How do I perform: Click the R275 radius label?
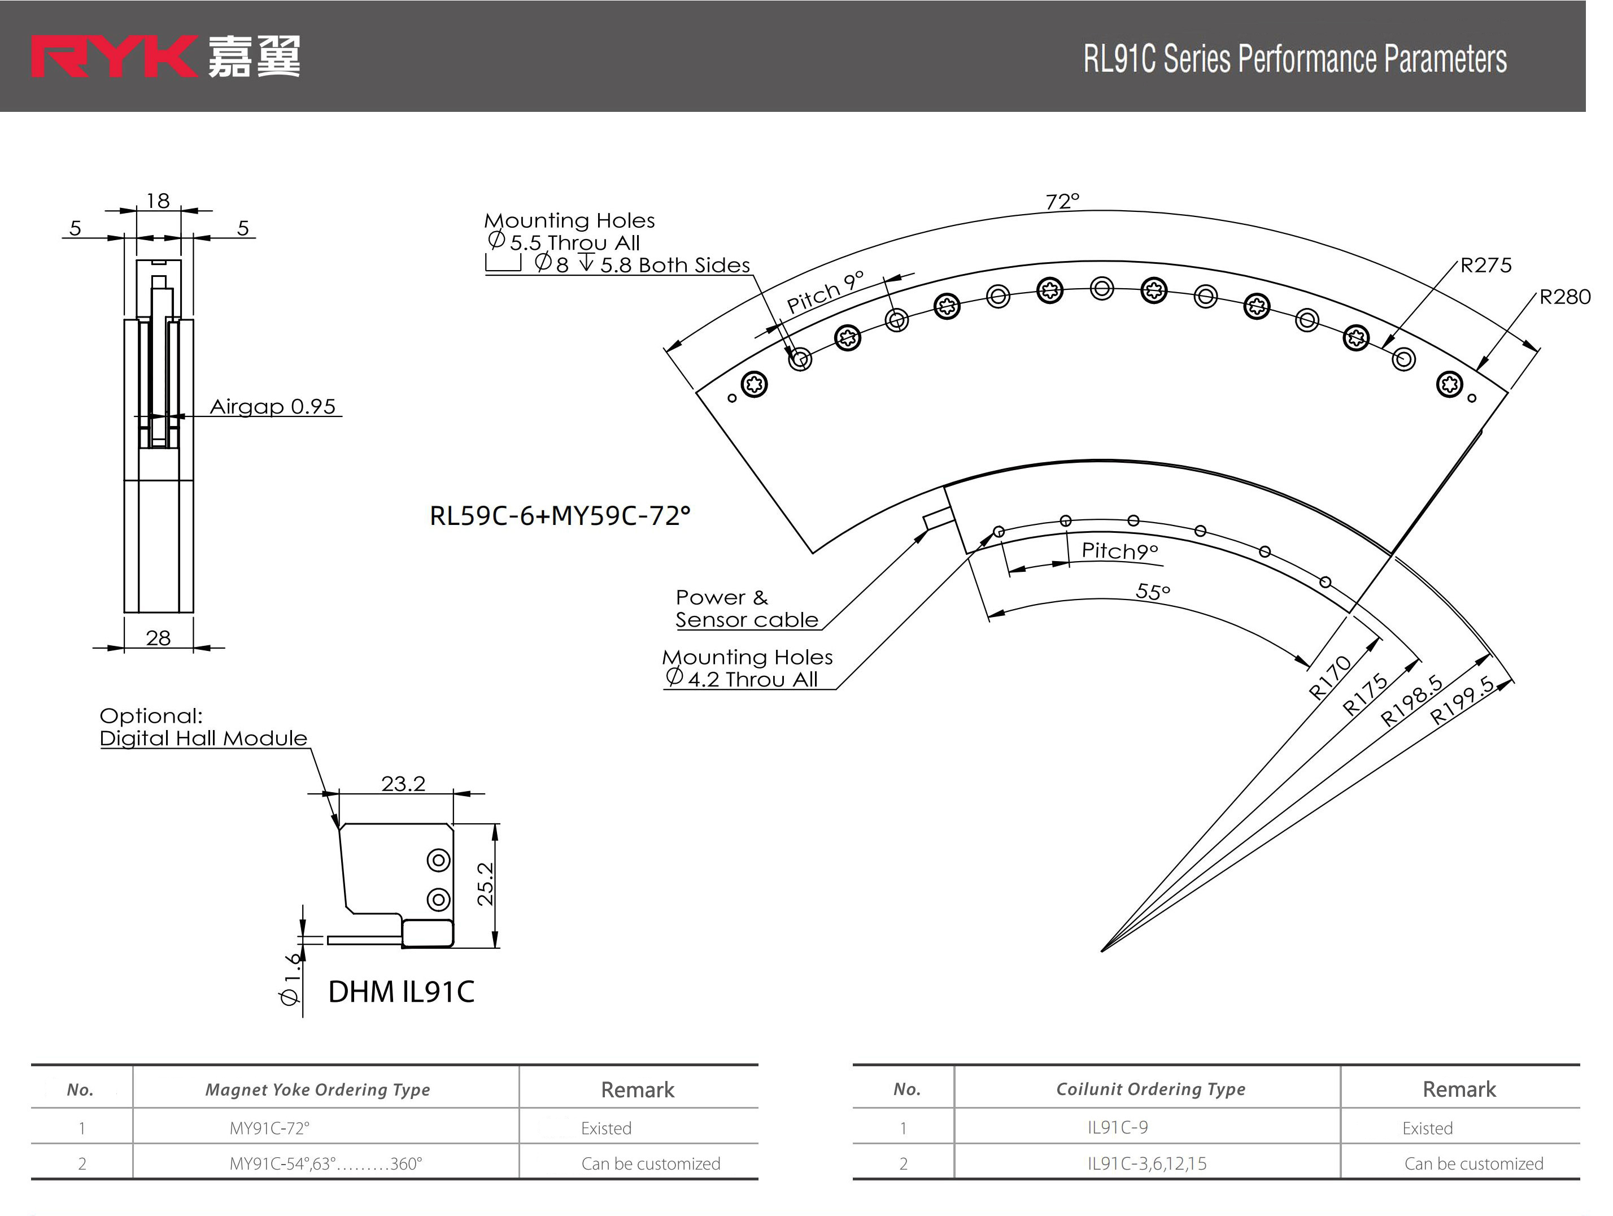click(1485, 265)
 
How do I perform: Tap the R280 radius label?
click(1564, 296)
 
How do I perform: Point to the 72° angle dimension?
click(1062, 201)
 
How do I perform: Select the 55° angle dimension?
click(1152, 591)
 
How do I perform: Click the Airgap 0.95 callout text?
click(273, 406)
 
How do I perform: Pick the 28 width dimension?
click(158, 637)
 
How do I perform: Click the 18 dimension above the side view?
click(158, 201)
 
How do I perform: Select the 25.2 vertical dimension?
click(486, 884)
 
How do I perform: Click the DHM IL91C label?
click(401, 991)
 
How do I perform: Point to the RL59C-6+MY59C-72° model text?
click(559, 516)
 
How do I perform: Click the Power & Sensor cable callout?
click(746, 609)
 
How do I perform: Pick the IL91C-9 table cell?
click(1117, 1127)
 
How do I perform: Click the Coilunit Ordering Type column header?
click(1150, 1089)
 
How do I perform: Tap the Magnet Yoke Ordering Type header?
click(317, 1090)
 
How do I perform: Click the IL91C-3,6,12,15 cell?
click(1146, 1163)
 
